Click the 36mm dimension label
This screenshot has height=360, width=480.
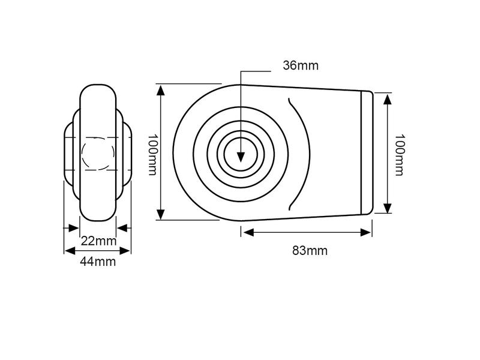(x=301, y=65)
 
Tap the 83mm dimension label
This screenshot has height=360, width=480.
(x=310, y=251)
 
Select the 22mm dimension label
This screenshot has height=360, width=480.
(x=98, y=241)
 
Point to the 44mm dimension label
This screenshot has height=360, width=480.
(x=98, y=262)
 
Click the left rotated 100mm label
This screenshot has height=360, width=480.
(x=152, y=154)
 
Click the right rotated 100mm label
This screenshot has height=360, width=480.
(x=399, y=155)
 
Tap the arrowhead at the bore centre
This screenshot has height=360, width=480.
(x=241, y=157)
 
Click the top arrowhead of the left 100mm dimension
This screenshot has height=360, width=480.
(x=161, y=91)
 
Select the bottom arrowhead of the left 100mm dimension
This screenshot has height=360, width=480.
(x=161, y=214)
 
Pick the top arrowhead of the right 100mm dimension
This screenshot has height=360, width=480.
(x=388, y=100)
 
